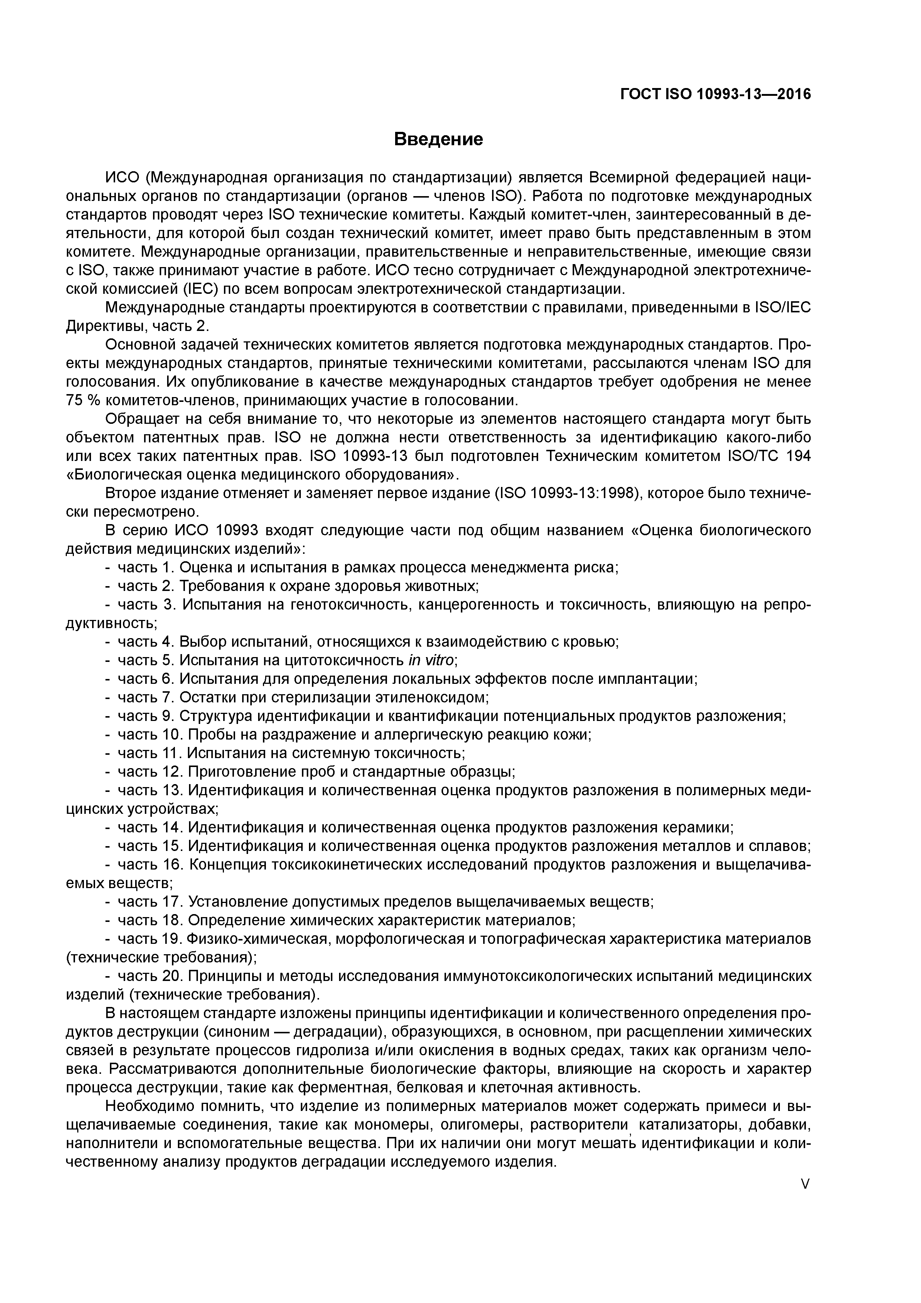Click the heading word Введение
438,139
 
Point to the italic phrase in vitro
431,660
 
